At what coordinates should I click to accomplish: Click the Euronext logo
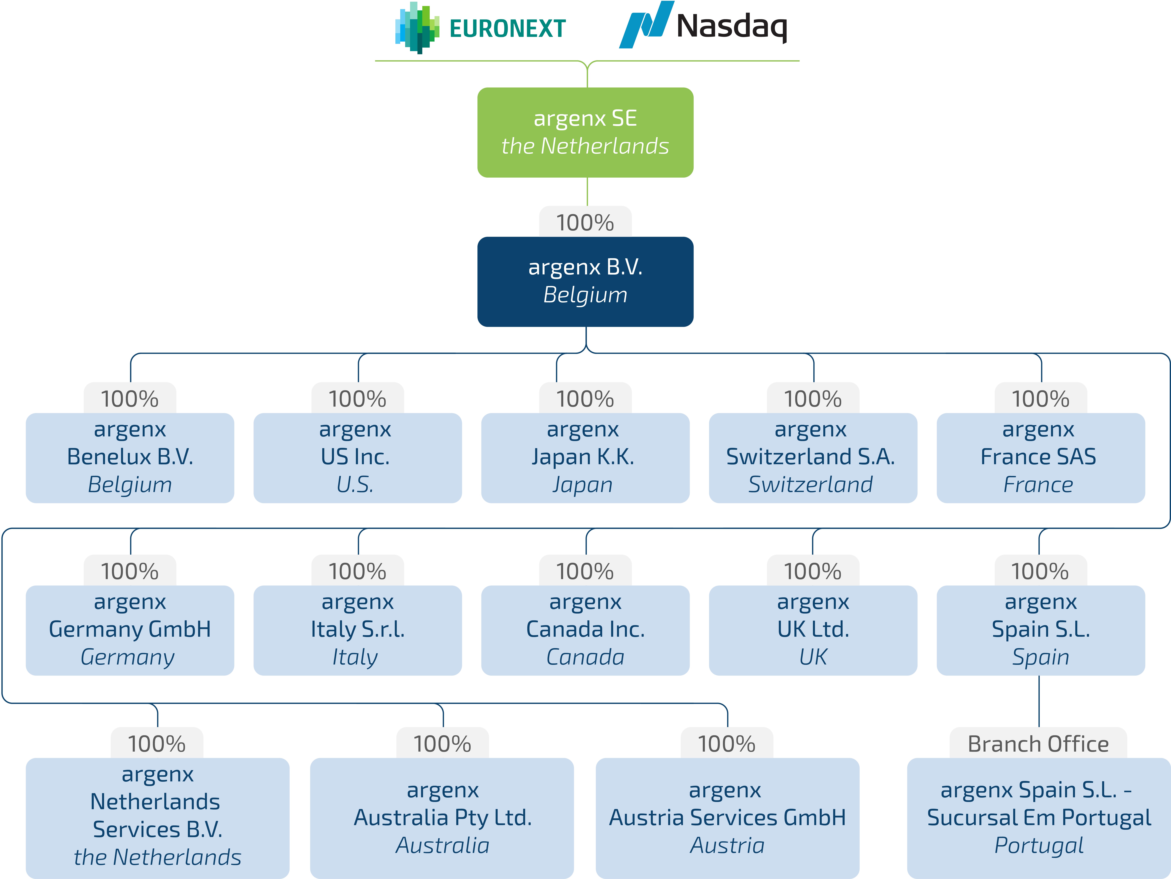480,28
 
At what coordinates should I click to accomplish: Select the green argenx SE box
585,132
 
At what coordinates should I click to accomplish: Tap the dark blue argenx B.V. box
585,281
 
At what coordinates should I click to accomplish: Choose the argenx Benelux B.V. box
130,458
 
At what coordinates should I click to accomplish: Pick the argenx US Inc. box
357,458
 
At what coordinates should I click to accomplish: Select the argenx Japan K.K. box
585,458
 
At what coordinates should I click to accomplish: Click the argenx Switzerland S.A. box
813,458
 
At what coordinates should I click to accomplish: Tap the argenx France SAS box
1040,458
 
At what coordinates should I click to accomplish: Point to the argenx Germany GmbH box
130,630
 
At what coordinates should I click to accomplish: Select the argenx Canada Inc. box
585,630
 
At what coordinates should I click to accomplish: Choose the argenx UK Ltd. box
813,630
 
